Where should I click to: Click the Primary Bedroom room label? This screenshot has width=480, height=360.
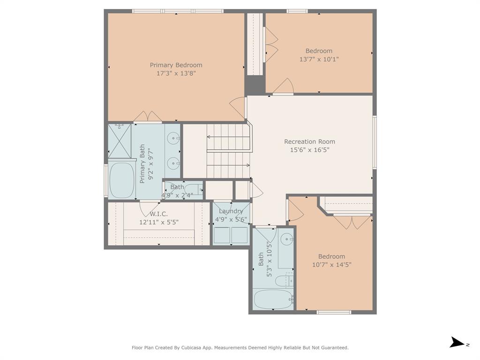click(176, 65)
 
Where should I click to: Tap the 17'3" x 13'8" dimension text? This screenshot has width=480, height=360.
click(176, 74)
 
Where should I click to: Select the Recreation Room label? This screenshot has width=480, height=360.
click(309, 142)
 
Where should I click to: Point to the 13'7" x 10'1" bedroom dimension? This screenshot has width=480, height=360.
click(319, 60)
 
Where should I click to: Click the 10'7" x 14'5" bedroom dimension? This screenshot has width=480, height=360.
click(331, 265)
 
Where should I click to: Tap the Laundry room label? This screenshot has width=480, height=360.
click(231, 211)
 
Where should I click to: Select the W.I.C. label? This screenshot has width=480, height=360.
click(159, 214)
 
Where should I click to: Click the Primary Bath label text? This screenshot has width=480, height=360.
click(142, 164)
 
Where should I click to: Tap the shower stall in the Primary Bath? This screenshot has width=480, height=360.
click(119, 140)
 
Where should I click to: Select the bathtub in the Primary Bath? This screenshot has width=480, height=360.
click(122, 180)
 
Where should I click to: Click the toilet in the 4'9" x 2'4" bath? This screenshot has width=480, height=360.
click(194, 189)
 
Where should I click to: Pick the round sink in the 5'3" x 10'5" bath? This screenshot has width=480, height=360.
click(286, 240)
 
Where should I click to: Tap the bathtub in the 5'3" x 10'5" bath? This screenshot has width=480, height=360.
click(273, 299)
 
